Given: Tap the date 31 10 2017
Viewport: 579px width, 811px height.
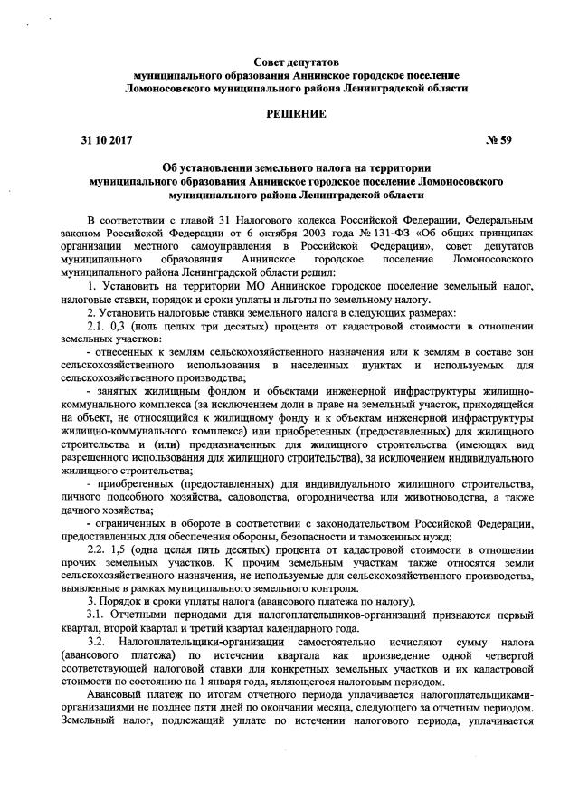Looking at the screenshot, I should pyautogui.click(x=101, y=141).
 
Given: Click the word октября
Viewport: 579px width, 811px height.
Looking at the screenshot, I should pyautogui.click(x=217, y=232).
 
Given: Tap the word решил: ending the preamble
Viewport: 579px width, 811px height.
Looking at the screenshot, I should pyautogui.click(x=315, y=271).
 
